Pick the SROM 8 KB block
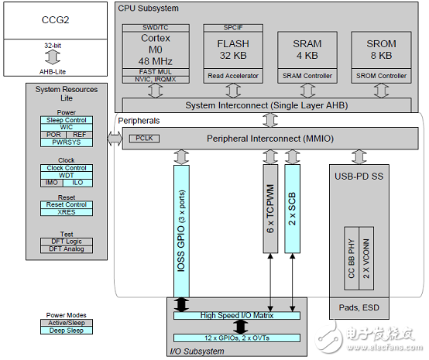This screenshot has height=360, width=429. coord(379,50)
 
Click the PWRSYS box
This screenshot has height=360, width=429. coord(66,142)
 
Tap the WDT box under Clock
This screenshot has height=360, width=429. coord(66,175)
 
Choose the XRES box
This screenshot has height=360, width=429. coord(66,212)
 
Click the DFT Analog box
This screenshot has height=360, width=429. coord(66,249)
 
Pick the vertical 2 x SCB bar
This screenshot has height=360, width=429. coord(291,207)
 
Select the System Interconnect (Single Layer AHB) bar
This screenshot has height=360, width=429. coord(269,105)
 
